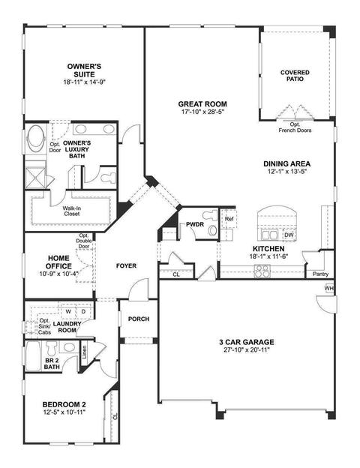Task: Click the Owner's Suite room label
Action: (84, 70)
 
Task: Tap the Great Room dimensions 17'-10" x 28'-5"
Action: (202, 112)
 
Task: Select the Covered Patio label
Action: (295, 76)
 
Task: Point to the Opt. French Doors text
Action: (295, 127)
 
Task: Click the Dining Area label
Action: (286, 163)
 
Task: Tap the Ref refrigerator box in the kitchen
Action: (229, 218)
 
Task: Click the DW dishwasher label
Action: (289, 235)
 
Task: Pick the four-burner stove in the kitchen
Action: (262, 271)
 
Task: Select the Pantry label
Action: (320, 274)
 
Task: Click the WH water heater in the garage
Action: (329, 289)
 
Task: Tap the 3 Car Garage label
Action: (247, 342)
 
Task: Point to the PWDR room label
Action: (195, 224)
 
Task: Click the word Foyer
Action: (126, 265)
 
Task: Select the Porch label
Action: (139, 319)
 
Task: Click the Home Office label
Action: (58, 262)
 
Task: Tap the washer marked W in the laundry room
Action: (68, 311)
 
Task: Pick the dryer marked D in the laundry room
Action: (84, 311)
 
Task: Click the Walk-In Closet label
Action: (72, 211)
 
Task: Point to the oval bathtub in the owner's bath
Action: (36, 139)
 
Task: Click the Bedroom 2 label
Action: (64, 405)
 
